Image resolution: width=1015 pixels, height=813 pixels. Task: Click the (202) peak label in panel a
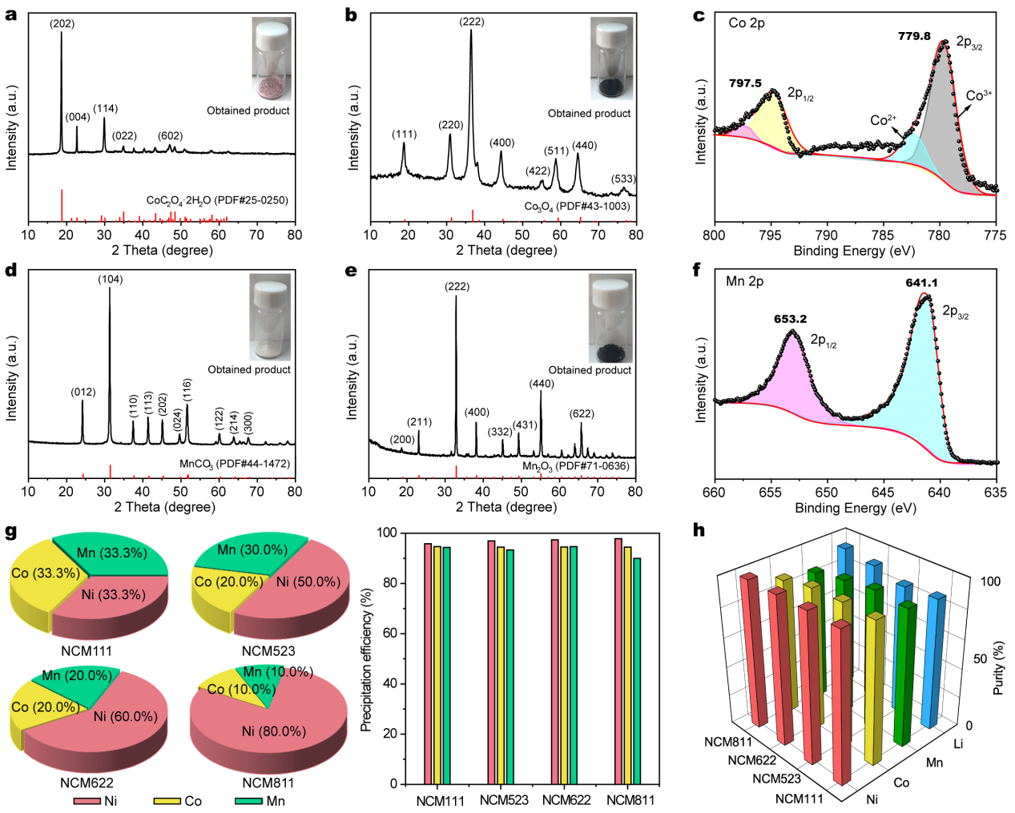pos(62,23)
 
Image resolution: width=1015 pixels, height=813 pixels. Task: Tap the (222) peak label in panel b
pos(471,22)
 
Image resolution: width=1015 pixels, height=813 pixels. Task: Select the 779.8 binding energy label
pos(914,36)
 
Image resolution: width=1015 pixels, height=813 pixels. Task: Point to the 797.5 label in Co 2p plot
pos(745,83)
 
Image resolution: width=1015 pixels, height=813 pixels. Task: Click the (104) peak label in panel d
pos(111,280)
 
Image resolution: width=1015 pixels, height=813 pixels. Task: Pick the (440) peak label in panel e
pos(542,384)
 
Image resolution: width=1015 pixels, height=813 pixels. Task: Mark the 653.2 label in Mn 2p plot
pos(790,319)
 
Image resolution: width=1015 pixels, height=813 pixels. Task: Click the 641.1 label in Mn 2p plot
pos(921,283)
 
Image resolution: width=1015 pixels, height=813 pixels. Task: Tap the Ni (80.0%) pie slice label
pos(274,731)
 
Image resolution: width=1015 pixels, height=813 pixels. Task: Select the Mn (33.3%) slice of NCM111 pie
pos(111,553)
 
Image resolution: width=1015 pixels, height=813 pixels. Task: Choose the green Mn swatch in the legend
pos(248,801)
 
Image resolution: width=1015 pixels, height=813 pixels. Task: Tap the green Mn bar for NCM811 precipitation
pos(637,670)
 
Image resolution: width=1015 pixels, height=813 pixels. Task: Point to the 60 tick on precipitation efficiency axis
pos(388,634)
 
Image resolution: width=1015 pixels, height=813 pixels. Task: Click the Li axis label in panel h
pos(958,744)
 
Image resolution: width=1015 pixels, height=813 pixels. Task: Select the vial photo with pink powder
pos(271,60)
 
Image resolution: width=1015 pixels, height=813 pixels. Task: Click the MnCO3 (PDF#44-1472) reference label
pos(234,464)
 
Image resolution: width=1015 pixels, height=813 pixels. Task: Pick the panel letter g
pos(11,531)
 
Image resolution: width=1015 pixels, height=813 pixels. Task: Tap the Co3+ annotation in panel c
pos(978,96)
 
